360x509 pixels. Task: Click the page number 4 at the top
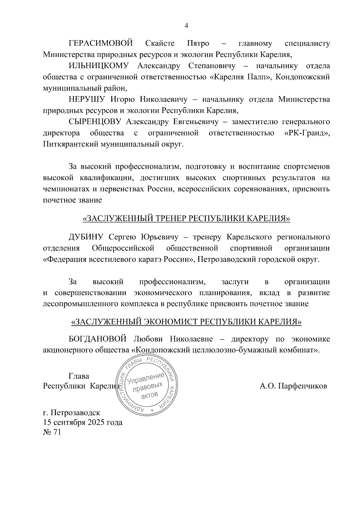[x=186, y=26]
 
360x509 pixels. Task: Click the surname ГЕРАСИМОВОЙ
[x=101, y=43]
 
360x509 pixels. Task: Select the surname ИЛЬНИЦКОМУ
[x=99, y=66]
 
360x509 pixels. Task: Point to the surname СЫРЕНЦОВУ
[x=94, y=122]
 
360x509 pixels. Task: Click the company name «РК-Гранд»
[x=306, y=133]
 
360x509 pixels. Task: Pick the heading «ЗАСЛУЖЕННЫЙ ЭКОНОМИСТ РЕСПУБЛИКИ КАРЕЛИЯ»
[x=186, y=322]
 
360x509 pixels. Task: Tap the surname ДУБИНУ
[x=86, y=237]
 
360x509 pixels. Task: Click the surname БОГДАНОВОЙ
[x=98, y=339]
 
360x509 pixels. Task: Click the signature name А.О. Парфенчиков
[x=293, y=386]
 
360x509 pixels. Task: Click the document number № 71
[x=52, y=432]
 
